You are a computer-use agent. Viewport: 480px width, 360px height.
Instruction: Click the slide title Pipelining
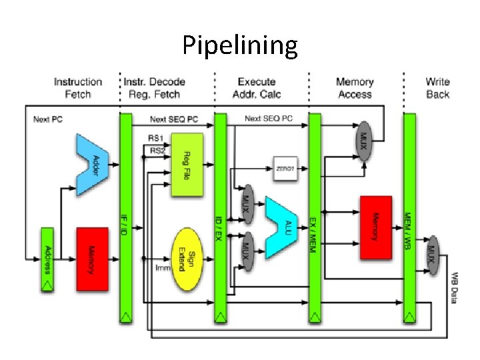click(240, 45)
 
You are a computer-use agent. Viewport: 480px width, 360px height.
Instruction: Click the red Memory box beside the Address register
click(92, 259)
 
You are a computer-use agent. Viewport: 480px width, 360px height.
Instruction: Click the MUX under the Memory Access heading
click(364, 140)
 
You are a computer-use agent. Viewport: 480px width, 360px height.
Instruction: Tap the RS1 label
click(155, 138)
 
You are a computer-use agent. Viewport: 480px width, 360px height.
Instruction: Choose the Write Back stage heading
click(437, 88)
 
